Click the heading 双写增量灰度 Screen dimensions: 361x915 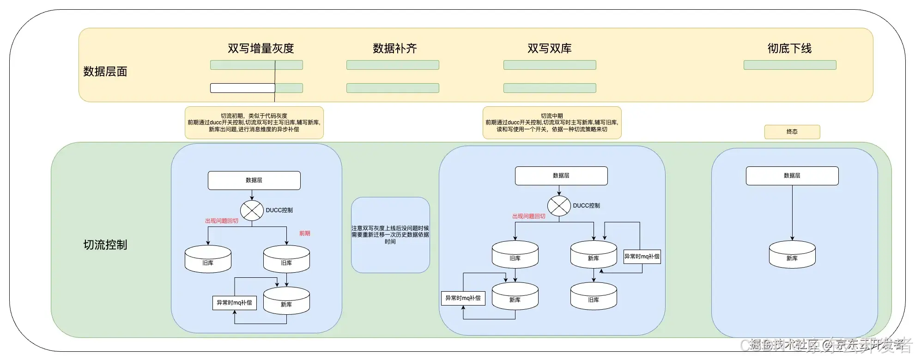pyautogui.click(x=261, y=48)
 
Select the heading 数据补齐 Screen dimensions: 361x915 pyautogui.click(x=394, y=48)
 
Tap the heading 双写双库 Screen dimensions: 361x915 pyautogui.click(x=549, y=48)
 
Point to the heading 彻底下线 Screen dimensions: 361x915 pyautogui.click(x=789, y=48)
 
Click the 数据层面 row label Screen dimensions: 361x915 pyautogui.click(x=105, y=71)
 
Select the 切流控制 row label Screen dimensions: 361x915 pyautogui.click(x=105, y=245)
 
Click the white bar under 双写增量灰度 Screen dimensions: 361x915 pyautogui.click(x=242, y=88)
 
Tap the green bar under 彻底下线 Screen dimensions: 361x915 pyautogui.click(x=789, y=65)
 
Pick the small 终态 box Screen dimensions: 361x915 pyautogui.click(x=792, y=132)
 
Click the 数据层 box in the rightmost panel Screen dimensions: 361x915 pyautogui.click(x=792, y=176)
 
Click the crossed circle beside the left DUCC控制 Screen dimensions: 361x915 pyautogui.click(x=252, y=210)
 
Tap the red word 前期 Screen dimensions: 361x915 pyautogui.click(x=304, y=233)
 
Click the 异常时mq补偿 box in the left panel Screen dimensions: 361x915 pyautogui.click(x=234, y=303)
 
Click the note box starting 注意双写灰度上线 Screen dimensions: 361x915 pyautogui.click(x=390, y=235)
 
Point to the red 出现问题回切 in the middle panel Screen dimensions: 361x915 pyautogui.click(x=528, y=216)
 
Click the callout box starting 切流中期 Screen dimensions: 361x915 pyautogui.click(x=551, y=122)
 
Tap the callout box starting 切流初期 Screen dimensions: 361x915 pyautogui.click(x=254, y=122)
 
